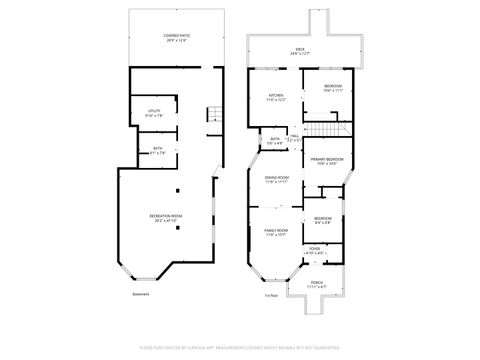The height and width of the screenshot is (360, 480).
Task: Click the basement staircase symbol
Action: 212,115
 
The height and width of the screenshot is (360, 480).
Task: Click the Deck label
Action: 299,51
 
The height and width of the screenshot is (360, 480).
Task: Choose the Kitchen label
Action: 275,98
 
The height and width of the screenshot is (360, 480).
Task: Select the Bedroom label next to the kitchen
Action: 334,87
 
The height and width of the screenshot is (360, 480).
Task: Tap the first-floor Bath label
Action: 275,141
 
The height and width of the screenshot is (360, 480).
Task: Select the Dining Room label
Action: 277,180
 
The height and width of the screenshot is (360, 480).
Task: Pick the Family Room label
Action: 276,232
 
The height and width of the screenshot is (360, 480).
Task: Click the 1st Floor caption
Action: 270,295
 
